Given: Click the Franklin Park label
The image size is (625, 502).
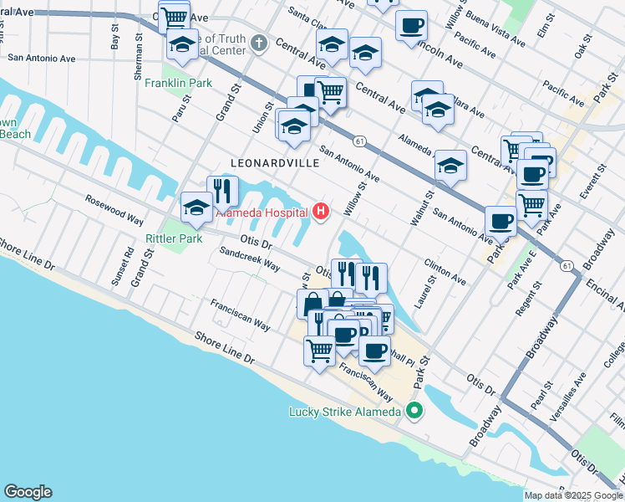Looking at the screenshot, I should click(x=178, y=83).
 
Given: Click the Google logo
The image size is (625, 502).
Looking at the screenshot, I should click(x=28, y=492).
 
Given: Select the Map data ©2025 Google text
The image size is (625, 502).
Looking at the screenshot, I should click(x=573, y=495).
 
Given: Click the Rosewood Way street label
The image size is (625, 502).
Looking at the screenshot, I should click(x=114, y=209).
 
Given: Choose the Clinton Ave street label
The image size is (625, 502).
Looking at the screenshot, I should click(x=445, y=269).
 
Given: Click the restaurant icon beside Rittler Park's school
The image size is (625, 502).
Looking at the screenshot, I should click(x=222, y=191).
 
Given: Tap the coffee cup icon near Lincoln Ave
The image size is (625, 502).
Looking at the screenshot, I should click(x=411, y=25).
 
